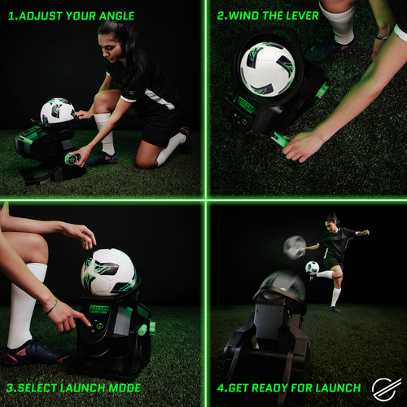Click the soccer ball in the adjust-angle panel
click(x=57, y=112)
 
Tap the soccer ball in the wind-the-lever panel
click(x=267, y=66)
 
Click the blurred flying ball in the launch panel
click(x=295, y=244)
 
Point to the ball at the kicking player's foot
click(x=312, y=267)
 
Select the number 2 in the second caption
click(x=221, y=15)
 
